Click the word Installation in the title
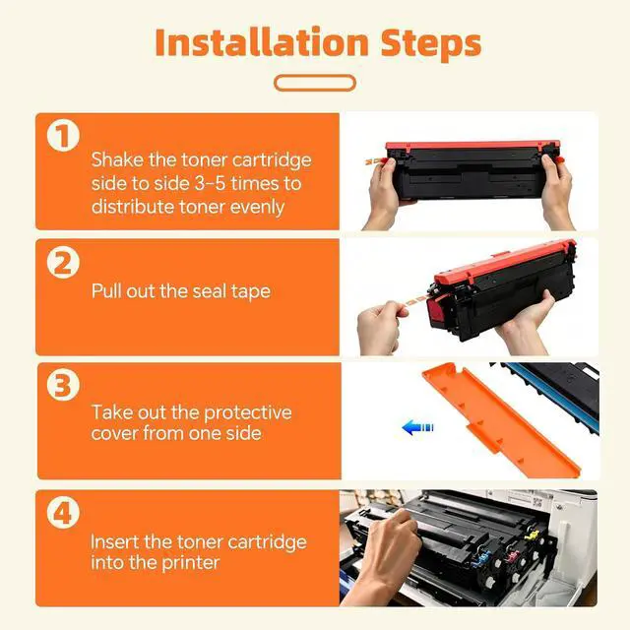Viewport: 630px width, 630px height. click(262, 42)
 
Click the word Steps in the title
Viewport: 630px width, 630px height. click(431, 44)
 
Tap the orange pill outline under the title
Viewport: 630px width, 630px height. click(315, 83)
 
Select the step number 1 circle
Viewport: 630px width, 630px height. click(63, 136)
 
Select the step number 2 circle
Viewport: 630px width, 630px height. click(63, 263)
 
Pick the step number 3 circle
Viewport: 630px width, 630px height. click(63, 385)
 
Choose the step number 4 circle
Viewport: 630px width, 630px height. click(63, 512)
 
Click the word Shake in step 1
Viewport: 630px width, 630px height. click(117, 159)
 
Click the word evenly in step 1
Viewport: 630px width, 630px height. click(257, 208)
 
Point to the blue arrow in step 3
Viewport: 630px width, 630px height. click(417, 427)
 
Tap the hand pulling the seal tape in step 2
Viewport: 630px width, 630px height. click(379, 328)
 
